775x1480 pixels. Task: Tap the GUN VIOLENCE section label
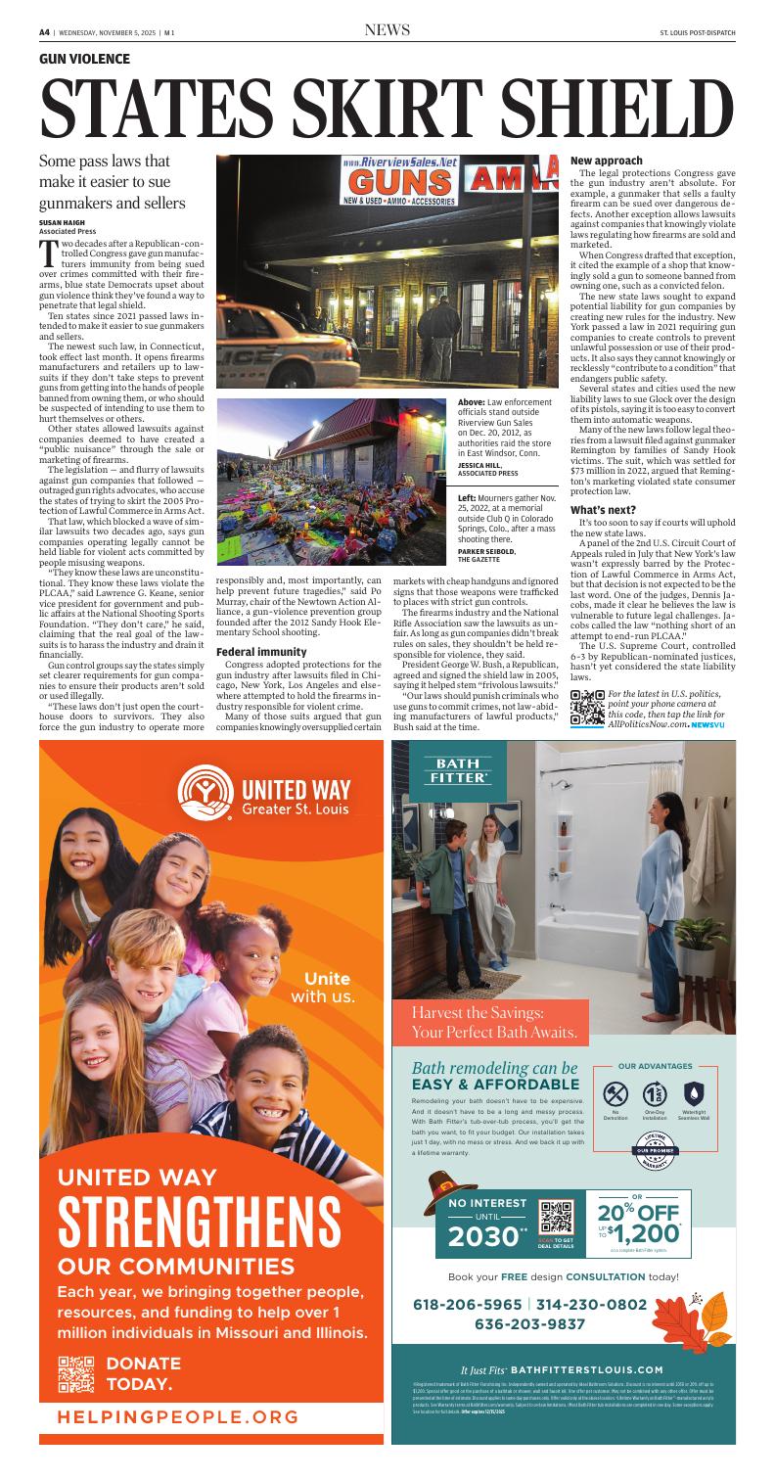point(84,60)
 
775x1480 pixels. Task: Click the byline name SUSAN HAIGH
point(63,223)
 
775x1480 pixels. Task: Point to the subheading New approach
point(607,159)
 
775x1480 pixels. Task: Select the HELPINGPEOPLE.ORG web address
point(176,1445)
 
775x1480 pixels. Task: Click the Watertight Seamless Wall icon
point(692,1093)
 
